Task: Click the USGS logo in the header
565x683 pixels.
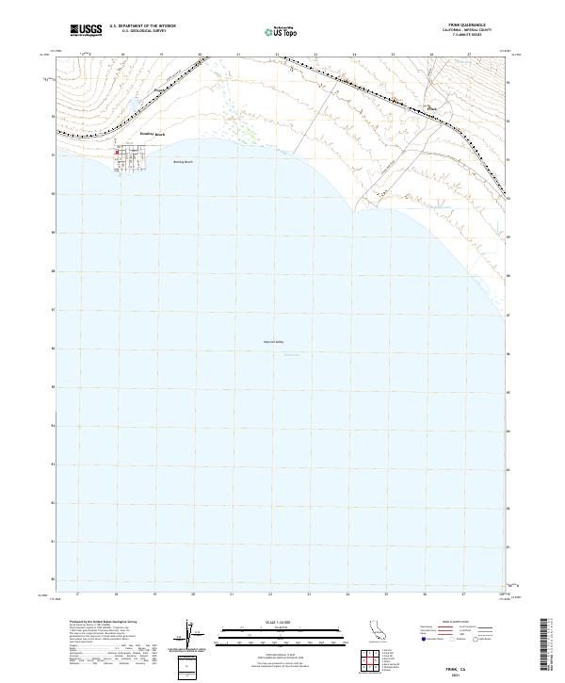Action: click(x=86, y=30)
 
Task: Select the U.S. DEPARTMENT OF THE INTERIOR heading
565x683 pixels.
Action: click(x=142, y=26)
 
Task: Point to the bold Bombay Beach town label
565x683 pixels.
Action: click(x=153, y=135)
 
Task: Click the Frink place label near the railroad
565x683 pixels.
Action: click(x=433, y=108)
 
